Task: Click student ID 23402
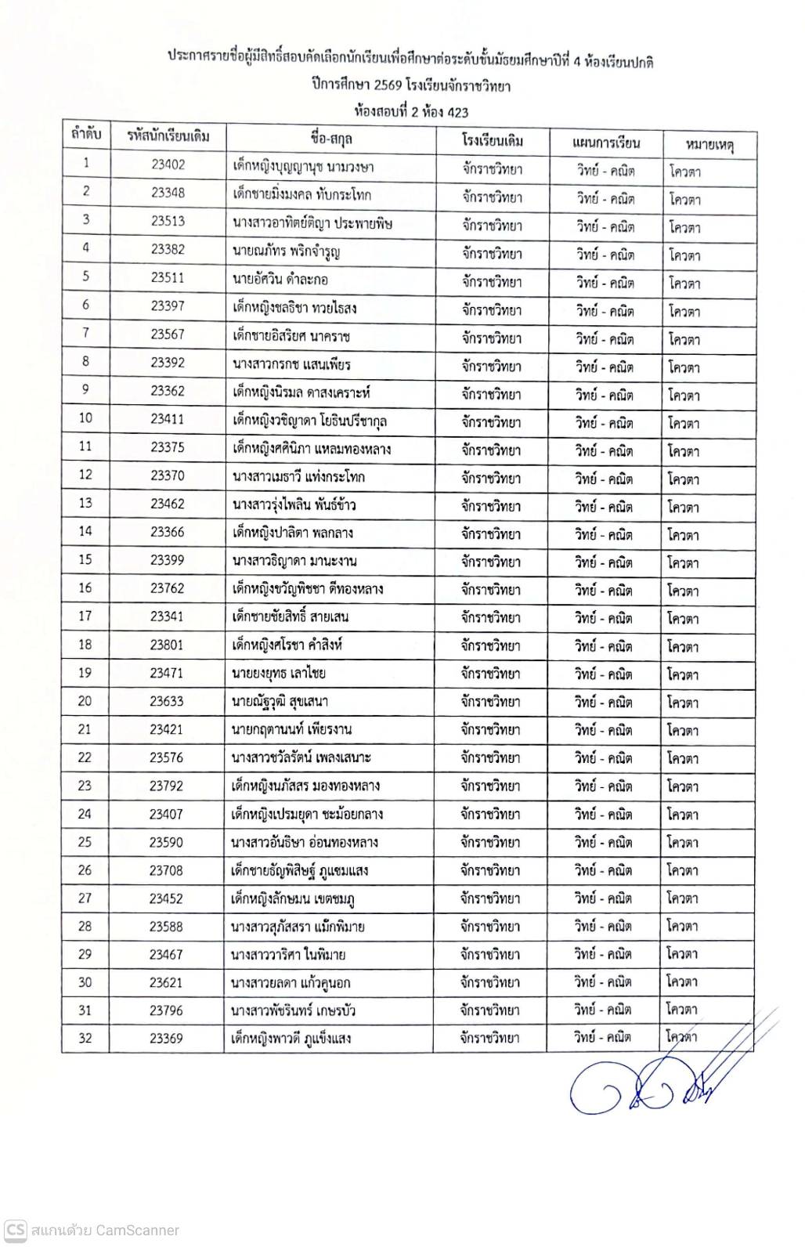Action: (168, 164)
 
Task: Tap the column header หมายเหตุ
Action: (709, 144)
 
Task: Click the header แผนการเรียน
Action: (606, 143)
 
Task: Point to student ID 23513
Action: (168, 221)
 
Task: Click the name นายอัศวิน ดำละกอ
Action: (280, 278)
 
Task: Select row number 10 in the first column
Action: (86, 418)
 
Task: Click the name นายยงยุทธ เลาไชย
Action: (279, 673)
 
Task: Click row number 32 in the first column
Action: (85, 1039)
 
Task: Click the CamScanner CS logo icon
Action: (15, 1230)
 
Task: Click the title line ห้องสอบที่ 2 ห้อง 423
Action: (410, 112)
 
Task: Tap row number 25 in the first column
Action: (85, 842)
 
